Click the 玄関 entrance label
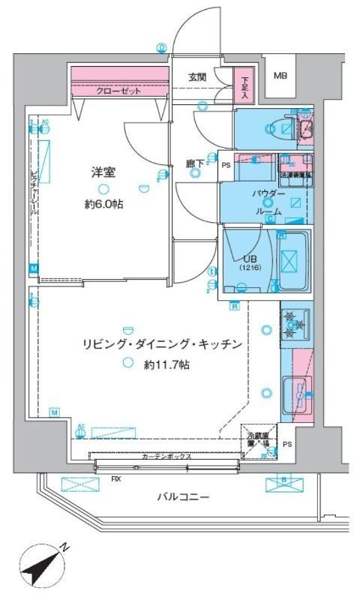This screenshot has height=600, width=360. [x=197, y=76]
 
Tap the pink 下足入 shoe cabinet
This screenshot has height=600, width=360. [x=244, y=84]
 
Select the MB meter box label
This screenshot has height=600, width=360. [x=280, y=76]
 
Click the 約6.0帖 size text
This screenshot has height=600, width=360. [x=103, y=204]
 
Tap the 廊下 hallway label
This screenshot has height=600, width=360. [x=196, y=161]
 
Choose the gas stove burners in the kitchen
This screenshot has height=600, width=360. [x=293, y=325]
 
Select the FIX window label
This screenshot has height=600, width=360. [x=116, y=478]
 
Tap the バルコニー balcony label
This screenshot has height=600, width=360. [x=183, y=496]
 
